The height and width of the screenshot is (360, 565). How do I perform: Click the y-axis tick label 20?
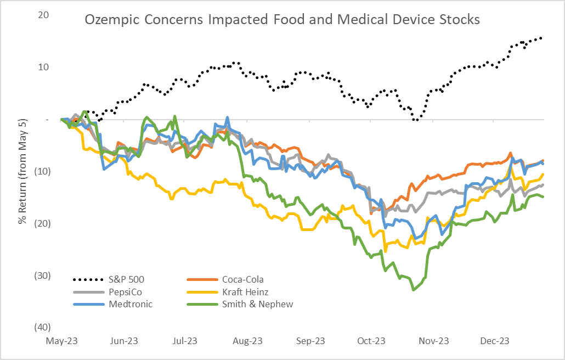43,15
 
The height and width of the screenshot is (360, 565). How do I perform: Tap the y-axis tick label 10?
43,67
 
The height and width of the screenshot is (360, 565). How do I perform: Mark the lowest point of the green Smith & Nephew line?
413,290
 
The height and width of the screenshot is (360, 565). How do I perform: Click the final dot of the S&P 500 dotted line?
541,38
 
